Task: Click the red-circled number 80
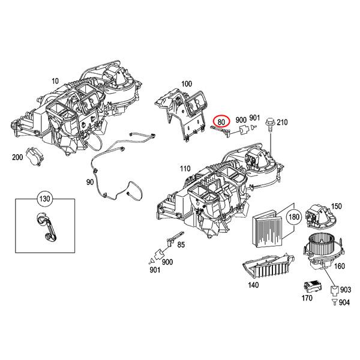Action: click(x=222, y=121)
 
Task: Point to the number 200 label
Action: click(x=16, y=158)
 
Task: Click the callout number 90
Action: click(x=90, y=182)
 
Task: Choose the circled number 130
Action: click(x=45, y=198)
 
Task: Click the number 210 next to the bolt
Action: click(x=283, y=123)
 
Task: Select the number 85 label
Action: click(x=181, y=245)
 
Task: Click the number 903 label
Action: click(x=346, y=290)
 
